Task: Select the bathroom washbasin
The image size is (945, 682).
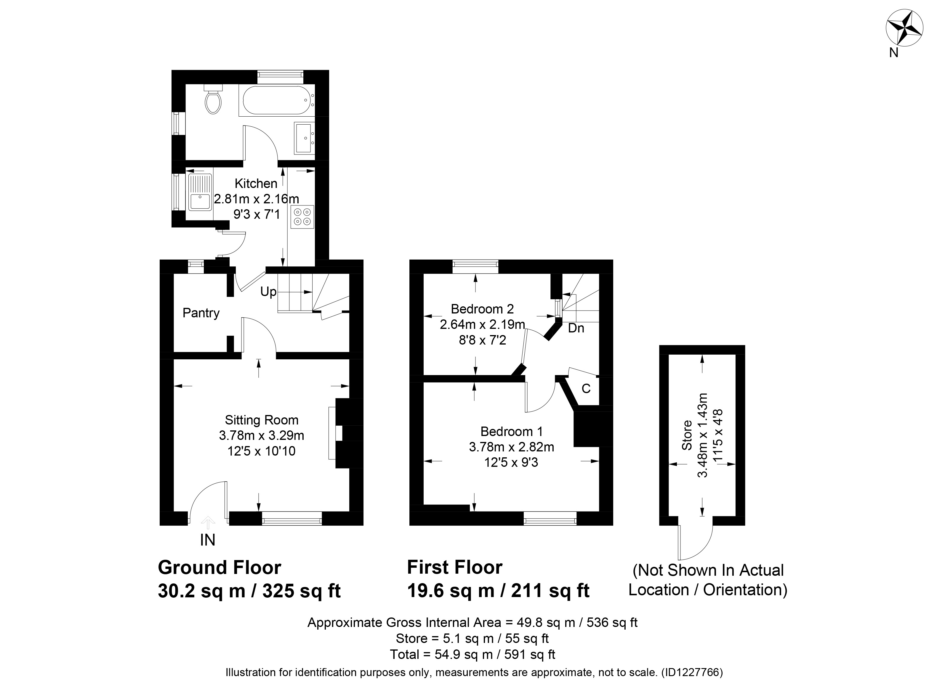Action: [x=305, y=138]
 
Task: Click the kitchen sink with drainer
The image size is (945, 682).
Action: [x=201, y=192]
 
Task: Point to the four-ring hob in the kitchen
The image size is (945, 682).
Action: [x=302, y=217]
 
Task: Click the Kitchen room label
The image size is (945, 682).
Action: [x=256, y=184]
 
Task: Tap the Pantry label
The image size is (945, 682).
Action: [x=201, y=313]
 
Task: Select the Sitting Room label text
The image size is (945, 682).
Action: [x=262, y=420]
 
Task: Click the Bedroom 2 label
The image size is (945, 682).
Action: [x=482, y=309]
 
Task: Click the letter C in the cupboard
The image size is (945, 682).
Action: [x=586, y=388]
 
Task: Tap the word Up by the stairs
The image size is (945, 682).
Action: [x=268, y=292]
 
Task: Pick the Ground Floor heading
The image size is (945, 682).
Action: [x=220, y=567]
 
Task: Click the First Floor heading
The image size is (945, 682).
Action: [x=455, y=567]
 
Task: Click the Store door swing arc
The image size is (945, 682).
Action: [x=703, y=548]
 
